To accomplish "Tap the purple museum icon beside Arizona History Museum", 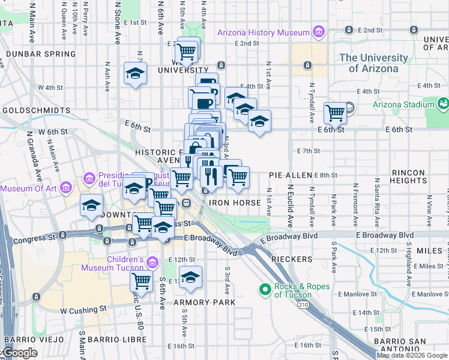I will pos(318,32).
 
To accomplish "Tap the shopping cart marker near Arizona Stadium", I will pos(336,112).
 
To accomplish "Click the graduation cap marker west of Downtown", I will pos(92,205).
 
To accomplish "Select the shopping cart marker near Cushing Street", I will pos(142,280).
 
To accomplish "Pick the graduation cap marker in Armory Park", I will pos(190,277).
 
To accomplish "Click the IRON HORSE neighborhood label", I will pos(235,203).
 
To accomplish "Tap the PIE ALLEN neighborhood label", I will pos(291,175).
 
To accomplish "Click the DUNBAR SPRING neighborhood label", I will pos(40,54).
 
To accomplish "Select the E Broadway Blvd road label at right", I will pos(384,235).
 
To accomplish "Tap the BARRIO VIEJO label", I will pos(23,340).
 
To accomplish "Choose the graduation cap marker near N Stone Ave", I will pos(135,74).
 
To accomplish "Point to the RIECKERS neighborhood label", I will pos(292,259).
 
